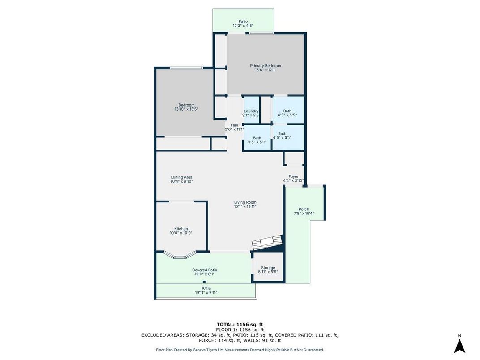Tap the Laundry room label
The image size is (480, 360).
pos(251,111)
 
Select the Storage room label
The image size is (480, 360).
pos(268,268)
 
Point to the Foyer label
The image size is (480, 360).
pos(293,176)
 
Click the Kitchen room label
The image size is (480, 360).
pos(181,229)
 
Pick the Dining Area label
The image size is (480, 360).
pos(181,177)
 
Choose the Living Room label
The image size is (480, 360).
pos(245,202)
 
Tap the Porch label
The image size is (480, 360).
pos(304,209)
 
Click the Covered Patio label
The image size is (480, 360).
pos(205,270)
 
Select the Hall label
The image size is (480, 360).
pos(234,125)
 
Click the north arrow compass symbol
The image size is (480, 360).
pos(459,345)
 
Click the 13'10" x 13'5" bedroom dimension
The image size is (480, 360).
pos(186,109)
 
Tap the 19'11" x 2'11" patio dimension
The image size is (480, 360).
pos(206,292)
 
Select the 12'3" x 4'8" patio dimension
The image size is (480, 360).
pos(243,26)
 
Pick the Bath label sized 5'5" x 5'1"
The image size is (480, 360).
pos(257,138)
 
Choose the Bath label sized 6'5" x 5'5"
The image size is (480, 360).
pos(287,111)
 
